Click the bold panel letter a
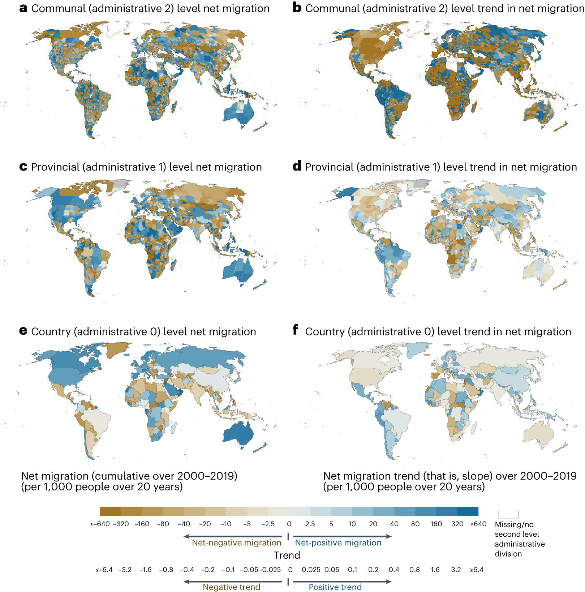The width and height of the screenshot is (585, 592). (x=23, y=8)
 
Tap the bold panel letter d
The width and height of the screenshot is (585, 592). (x=297, y=166)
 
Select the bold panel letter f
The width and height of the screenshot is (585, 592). (x=295, y=330)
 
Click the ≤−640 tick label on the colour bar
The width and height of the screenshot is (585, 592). (x=100, y=524)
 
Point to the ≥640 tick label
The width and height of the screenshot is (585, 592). (x=478, y=524)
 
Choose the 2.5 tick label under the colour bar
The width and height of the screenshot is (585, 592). (x=310, y=524)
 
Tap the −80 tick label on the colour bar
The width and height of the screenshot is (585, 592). (x=163, y=524)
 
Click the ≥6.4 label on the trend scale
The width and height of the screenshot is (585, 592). (x=476, y=570)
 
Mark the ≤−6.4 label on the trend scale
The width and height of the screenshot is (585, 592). (x=104, y=570)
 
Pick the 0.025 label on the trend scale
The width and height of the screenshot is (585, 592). (x=311, y=570)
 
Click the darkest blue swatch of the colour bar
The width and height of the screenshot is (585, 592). (x=468, y=511)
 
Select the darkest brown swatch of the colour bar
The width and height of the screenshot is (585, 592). (x=110, y=511)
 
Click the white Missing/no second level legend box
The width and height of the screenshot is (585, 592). (x=508, y=514)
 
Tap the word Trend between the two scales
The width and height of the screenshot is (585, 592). (x=287, y=555)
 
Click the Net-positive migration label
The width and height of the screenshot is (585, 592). (x=338, y=542)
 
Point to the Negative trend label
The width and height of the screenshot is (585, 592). (x=231, y=587)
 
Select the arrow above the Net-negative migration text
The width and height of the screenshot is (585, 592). (x=233, y=536)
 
